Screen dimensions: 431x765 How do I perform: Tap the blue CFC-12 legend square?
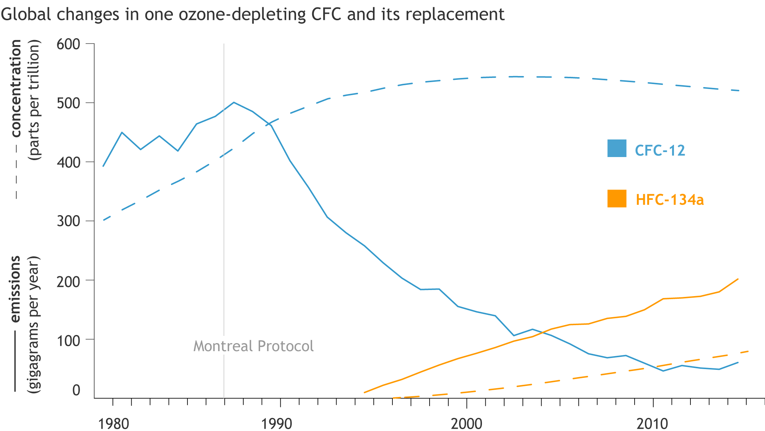[617, 148]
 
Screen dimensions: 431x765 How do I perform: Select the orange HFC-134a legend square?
[617, 198]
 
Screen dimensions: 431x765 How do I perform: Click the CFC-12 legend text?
[660, 150]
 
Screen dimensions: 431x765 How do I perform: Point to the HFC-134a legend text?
[669, 200]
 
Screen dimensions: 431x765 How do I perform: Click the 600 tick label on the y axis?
[68, 44]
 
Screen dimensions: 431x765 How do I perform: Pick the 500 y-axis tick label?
[68, 103]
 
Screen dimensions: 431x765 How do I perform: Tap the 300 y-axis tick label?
[68, 221]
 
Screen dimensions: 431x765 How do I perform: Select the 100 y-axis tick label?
[68, 340]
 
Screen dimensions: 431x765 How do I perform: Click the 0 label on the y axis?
[76, 390]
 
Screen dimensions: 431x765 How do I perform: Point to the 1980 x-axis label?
[114, 424]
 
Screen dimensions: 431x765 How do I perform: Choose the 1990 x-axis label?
[277, 424]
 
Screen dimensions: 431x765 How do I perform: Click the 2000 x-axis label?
[466, 424]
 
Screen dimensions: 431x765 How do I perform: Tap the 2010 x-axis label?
[652, 424]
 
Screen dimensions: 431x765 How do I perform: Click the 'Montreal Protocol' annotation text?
[253, 346]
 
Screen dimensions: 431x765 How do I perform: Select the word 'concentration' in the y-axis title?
[16, 89]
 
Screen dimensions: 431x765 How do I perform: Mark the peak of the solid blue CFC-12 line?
[234, 102]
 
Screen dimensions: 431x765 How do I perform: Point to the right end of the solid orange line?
[738, 279]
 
